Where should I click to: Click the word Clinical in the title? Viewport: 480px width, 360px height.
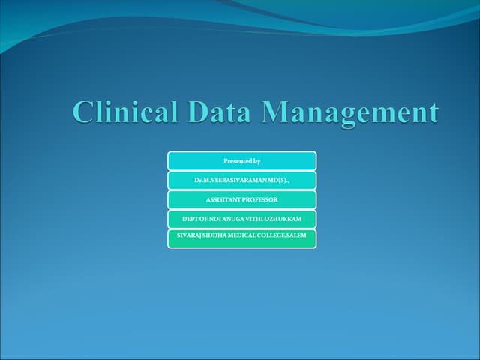(x=126, y=112)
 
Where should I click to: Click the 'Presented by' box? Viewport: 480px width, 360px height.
(x=241, y=161)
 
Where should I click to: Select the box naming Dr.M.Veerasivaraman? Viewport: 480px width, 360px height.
(x=241, y=181)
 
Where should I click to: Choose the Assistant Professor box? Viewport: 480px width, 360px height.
(x=241, y=200)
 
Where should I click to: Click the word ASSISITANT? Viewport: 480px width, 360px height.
(x=221, y=200)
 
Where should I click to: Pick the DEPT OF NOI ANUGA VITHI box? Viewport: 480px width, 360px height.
(x=241, y=220)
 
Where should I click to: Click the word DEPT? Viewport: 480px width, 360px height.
(x=190, y=220)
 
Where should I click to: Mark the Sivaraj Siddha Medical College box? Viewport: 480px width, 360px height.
(x=241, y=238)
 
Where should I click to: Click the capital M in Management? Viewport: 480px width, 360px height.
(x=278, y=112)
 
